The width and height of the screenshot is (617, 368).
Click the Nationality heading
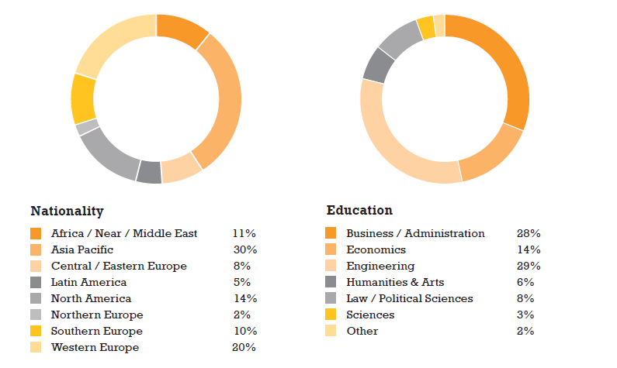[67, 211]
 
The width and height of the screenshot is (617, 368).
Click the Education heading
[359, 211]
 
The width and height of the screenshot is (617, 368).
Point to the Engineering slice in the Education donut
[388, 147]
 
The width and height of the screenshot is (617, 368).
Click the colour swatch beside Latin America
[36, 283]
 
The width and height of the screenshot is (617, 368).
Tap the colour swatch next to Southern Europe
[36, 331]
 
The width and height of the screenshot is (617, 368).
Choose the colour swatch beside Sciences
[331, 315]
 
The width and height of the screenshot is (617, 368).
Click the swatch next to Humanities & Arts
[331, 282]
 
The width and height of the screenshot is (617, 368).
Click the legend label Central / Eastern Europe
[119, 266]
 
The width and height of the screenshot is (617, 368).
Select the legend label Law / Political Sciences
[409, 298]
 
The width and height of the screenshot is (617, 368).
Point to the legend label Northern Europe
[97, 315]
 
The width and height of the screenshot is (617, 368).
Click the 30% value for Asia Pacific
[244, 249]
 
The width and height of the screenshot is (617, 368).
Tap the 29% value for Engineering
[529, 266]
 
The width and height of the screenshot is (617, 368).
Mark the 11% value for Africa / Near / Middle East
[244, 233]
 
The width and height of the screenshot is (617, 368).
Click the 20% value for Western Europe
[244, 347]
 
